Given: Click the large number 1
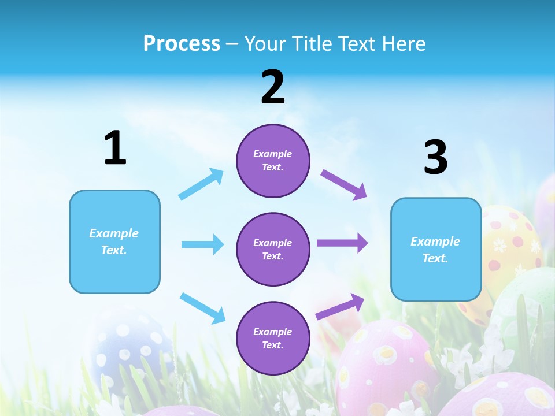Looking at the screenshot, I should pyautogui.click(x=115, y=148).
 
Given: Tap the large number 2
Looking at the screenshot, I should pyautogui.click(x=273, y=88).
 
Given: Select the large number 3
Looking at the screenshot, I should pyautogui.click(x=436, y=158).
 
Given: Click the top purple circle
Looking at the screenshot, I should pyautogui.click(x=273, y=161).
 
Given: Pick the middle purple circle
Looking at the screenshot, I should pyautogui.click(x=273, y=249).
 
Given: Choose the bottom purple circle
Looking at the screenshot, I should pyautogui.click(x=273, y=338).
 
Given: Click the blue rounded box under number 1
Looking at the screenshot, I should pyautogui.click(x=114, y=242).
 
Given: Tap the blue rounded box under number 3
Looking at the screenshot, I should pyautogui.click(x=436, y=249).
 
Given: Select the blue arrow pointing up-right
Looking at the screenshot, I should pyautogui.click(x=201, y=184).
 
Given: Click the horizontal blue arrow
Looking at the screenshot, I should pyautogui.click(x=202, y=244).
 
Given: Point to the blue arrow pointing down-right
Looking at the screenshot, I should pyautogui.click(x=202, y=307).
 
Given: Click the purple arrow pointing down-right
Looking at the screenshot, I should pyautogui.click(x=344, y=184).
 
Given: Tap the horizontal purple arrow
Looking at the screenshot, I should pyautogui.click(x=342, y=243).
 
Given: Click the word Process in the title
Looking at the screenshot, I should pyautogui.click(x=182, y=43).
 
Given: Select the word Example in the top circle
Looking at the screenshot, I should pyautogui.click(x=273, y=154).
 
